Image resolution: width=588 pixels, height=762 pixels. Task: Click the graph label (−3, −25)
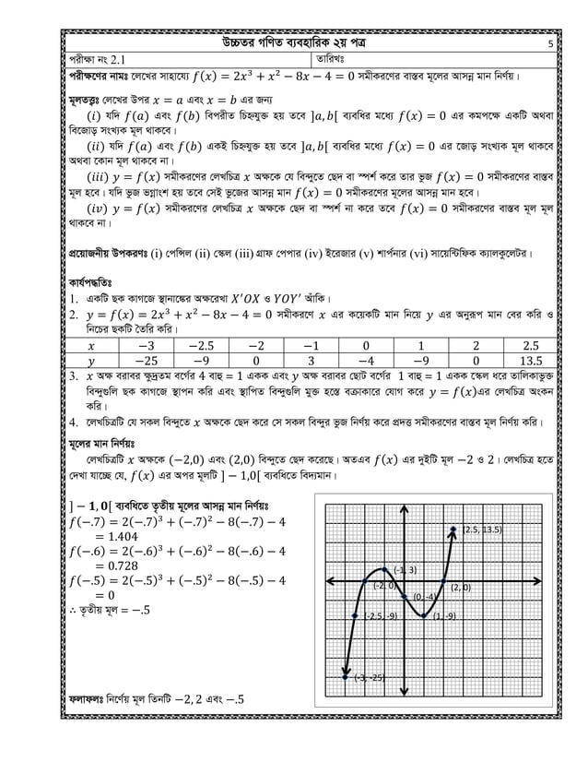click(369, 678)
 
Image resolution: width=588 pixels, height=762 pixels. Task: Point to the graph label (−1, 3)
click(406, 569)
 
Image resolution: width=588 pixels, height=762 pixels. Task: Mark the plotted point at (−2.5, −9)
click(354, 615)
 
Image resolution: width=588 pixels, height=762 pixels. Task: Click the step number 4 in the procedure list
click(73, 425)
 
